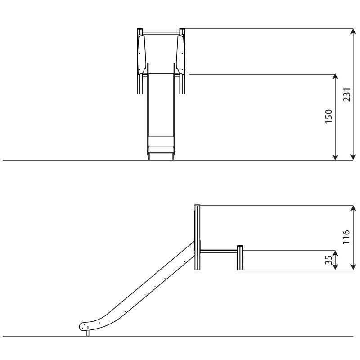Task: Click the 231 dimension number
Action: coord(347,94)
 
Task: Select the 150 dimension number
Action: coord(329,117)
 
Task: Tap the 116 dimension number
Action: coord(346,237)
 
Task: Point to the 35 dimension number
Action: coord(329,260)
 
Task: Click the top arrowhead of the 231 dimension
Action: coord(353,31)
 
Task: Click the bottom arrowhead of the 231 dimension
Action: coord(353,157)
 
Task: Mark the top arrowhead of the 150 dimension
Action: coord(335,77)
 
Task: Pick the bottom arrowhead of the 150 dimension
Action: coord(335,157)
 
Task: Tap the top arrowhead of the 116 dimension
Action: coord(353,208)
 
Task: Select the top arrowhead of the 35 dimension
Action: coord(335,253)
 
